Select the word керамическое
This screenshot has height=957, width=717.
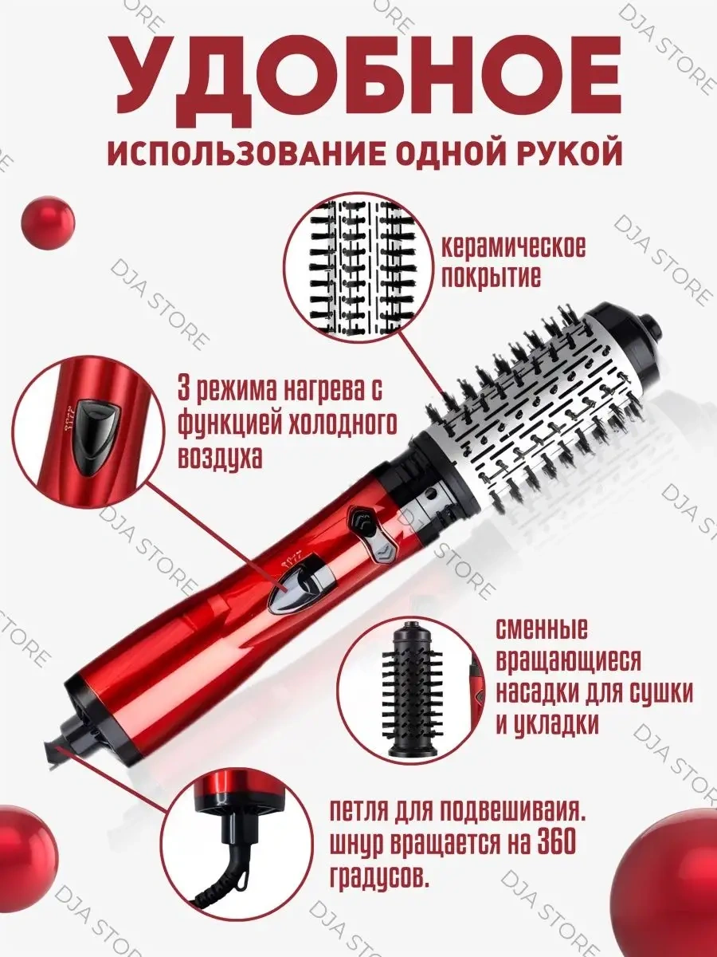(x=515, y=247)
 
